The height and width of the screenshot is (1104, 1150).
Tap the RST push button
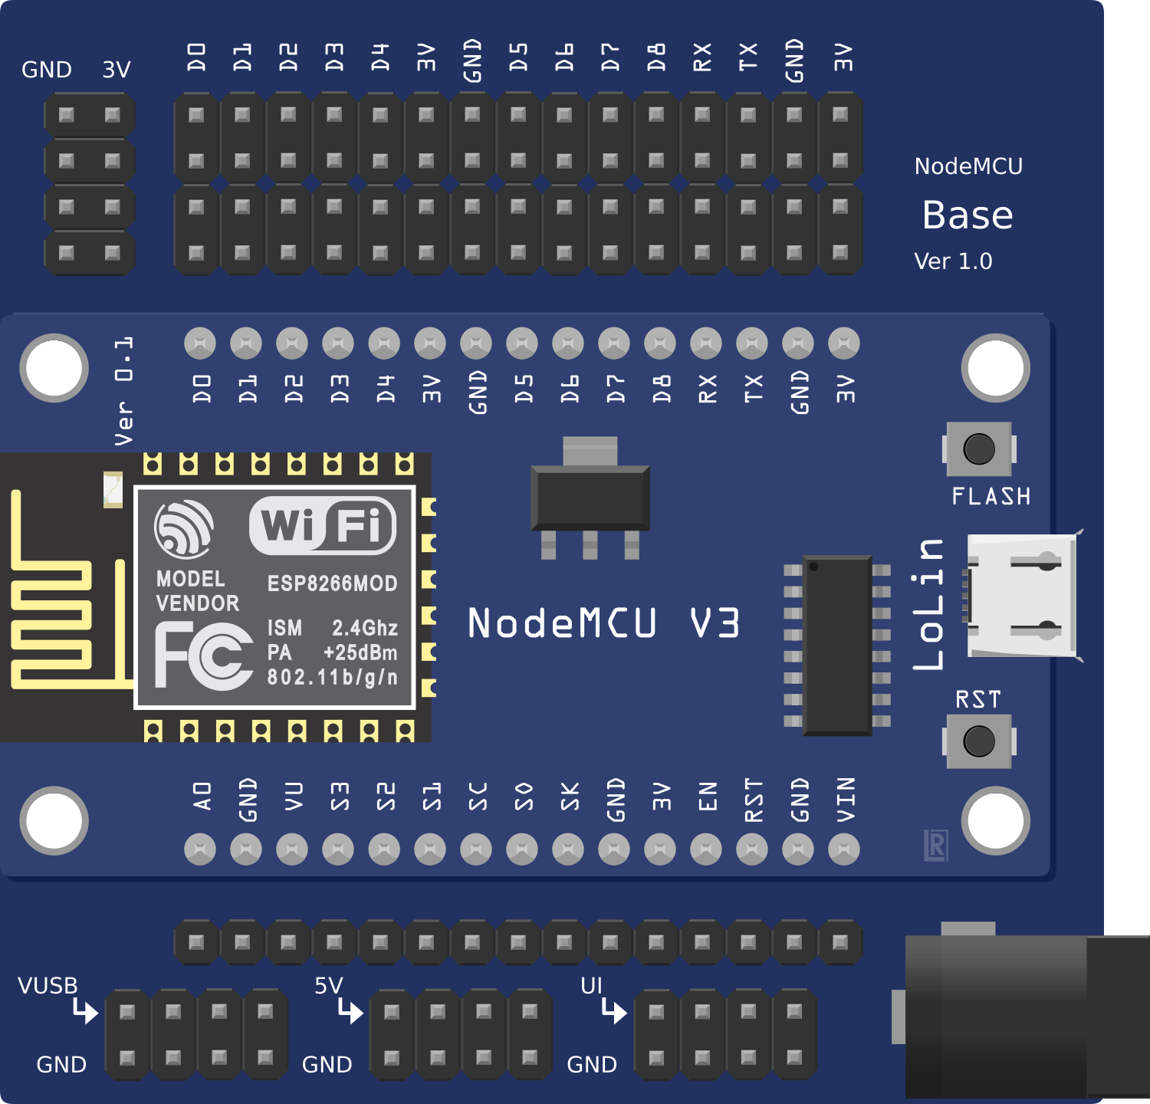tap(979, 741)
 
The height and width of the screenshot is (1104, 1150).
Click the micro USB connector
tap(1022, 596)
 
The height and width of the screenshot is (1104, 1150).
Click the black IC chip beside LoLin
tap(837, 645)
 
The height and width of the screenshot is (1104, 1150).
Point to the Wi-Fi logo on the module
tap(323, 525)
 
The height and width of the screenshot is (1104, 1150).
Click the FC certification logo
tap(204, 655)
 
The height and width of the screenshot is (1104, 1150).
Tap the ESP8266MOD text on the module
tap(332, 583)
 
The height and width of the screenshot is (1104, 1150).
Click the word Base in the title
tap(968, 215)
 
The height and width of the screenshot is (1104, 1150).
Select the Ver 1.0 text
tap(953, 261)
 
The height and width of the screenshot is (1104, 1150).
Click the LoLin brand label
tap(929, 604)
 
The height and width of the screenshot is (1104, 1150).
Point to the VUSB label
tap(48, 986)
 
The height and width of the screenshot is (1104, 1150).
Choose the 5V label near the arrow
tap(328, 986)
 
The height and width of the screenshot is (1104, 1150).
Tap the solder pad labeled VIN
tap(844, 849)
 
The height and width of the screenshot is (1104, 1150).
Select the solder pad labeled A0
tap(200, 849)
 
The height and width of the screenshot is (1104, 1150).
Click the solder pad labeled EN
tap(706, 849)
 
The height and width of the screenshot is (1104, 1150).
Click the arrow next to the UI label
tap(614, 1010)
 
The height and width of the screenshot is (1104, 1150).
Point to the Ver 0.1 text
tap(123, 391)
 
